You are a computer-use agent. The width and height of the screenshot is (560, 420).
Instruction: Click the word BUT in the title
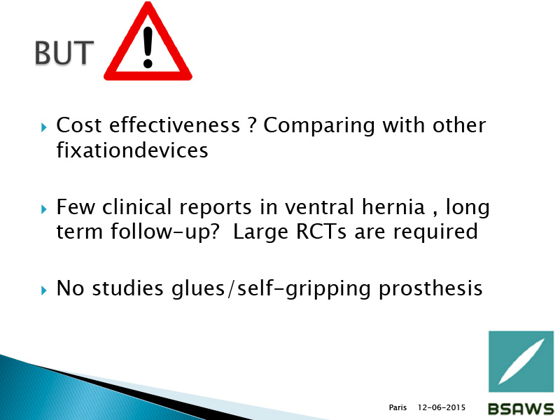click(64, 52)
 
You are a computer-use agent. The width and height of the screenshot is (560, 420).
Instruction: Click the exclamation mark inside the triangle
click(148, 48)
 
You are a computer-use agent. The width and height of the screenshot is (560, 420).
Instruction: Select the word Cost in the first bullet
click(79, 125)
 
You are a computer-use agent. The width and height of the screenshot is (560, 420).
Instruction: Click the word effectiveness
click(174, 125)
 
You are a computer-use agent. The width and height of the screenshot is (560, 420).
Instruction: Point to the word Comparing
click(319, 126)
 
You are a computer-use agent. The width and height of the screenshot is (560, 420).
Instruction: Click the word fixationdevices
click(132, 150)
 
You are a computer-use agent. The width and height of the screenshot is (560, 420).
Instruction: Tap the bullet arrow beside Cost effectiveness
click(44, 127)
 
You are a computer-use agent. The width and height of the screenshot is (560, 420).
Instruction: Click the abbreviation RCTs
click(321, 232)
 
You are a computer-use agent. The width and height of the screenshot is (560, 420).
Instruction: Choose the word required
click(435, 232)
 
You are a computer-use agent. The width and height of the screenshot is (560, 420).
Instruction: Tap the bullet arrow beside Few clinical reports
click(44, 209)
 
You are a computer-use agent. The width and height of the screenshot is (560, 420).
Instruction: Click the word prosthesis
click(430, 288)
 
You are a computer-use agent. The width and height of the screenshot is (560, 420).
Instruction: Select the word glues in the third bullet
click(198, 288)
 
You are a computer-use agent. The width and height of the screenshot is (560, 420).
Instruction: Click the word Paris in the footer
click(398, 407)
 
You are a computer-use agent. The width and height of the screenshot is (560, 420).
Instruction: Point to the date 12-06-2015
click(442, 407)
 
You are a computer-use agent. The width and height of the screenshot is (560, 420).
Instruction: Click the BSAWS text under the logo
click(521, 409)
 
